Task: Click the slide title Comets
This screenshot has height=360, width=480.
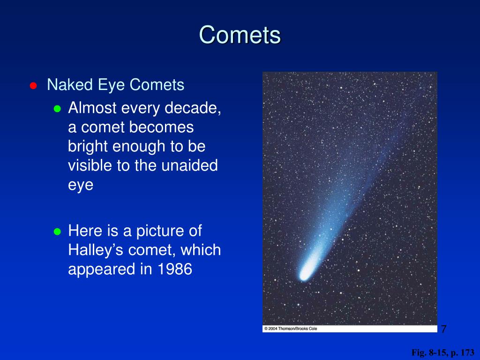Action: click(x=240, y=35)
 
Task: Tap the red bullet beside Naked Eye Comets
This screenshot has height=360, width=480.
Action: click(x=33, y=86)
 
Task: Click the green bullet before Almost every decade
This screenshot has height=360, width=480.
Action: click(x=57, y=109)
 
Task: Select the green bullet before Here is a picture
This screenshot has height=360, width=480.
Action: click(x=57, y=231)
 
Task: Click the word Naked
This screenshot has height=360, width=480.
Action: click(x=70, y=84)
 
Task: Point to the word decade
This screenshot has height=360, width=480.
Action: click(x=193, y=108)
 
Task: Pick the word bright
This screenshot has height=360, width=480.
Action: click(x=88, y=147)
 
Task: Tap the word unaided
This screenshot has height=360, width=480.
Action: click(x=189, y=165)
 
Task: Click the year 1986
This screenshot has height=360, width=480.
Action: click(x=175, y=269)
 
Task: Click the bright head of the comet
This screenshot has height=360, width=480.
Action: click(x=305, y=273)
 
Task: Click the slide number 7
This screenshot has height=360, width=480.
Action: click(x=444, y=329)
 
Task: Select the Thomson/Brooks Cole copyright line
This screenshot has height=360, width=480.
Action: click(x=291, y=329)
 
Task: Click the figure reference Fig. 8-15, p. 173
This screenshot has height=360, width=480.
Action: click(x=442, y=352)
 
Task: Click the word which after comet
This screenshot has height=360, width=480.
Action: click(x=201, y=250)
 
